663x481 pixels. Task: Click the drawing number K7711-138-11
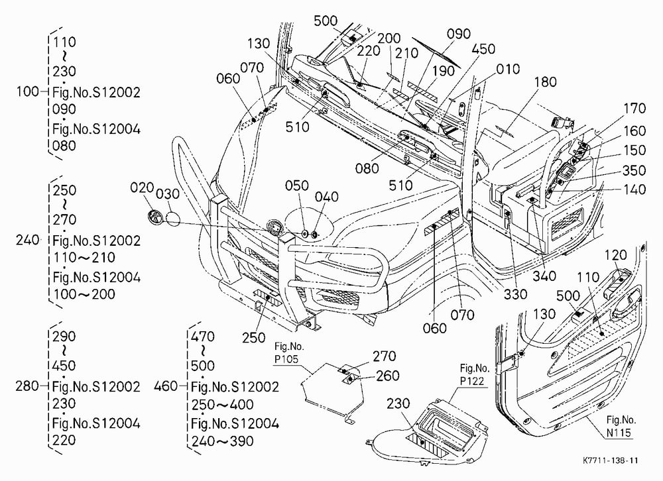coord(610,460)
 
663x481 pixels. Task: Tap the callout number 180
coord(546,82)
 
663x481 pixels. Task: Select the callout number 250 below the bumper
coord(254,338)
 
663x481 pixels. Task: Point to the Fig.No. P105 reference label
coord(289,353)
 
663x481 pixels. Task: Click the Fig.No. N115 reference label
coord(621,426)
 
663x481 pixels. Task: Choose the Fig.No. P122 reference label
coord(475,374)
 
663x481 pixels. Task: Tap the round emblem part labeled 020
coord(155,217)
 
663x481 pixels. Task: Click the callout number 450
coord(483,49)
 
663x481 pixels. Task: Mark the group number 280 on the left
coord(27,386)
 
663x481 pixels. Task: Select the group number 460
coord(165,386)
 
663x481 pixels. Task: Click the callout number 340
coord(544,276)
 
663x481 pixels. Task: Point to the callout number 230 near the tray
coord(398,403)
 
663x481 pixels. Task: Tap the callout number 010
coord(508,69)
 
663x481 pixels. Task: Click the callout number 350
coord(634,170)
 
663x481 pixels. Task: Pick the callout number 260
coord(388,376)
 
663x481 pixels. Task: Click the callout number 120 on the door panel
coord(615,255)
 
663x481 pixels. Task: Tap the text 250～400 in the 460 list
coord(222,405)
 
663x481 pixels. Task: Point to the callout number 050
coord(296,186)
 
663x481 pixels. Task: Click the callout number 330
coord(515,294)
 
